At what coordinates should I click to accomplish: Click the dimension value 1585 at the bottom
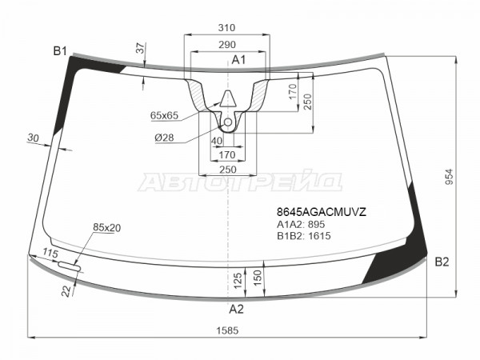pyautogui.click(x=227, y=330)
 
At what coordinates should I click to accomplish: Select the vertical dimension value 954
pyautogui.click(x=449, y=177)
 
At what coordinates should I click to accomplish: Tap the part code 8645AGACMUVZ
pyautogui.click(x=322, y=212)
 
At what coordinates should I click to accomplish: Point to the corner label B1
pyautogui.click(x=60, y=51)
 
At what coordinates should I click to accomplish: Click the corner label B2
pyautogui.click(x=442, y=262)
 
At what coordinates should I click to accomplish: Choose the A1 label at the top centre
pyautogui.click(x=238, y=60)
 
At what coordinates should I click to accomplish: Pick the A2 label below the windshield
pyautogui.click(x=236, y=309)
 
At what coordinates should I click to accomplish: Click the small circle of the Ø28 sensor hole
pyautogui.click(x=228, y=122)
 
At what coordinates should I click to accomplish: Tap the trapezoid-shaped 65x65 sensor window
pyautogui.click(x=228, y=98)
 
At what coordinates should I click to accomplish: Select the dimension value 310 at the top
pyautogui.click(x=226, y=28)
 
